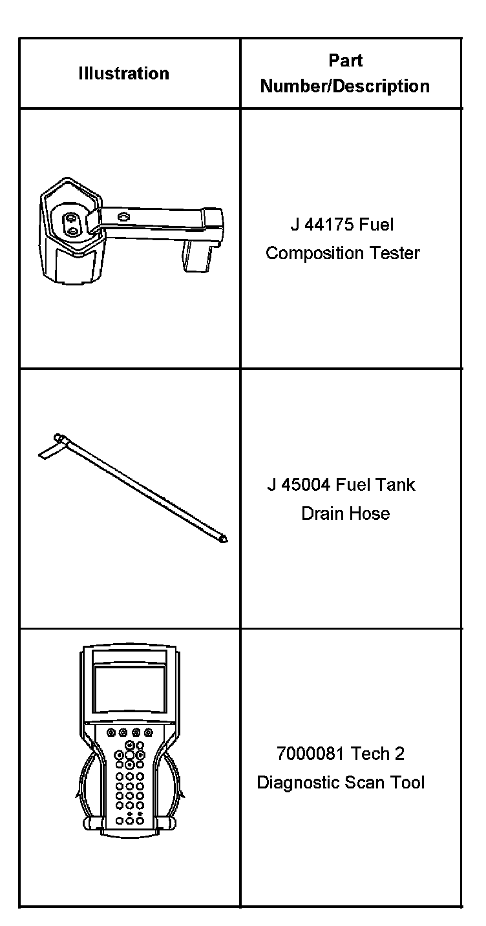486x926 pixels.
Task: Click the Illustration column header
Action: pyautogui.click(x=123, y=74)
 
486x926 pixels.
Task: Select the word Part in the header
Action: pyautogui.click(x=345, y=61)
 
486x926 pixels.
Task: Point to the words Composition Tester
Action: pyautogui.click(x=343, y=253)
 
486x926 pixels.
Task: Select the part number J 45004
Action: pyautogui.click(x=299, y=485)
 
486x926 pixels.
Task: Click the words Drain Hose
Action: pyautogui.click(x=345, y=514)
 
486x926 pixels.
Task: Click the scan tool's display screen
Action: pyautogui.click(x=129, y=687)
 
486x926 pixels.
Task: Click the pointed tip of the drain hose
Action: pyautogui.click(x=224, y=539)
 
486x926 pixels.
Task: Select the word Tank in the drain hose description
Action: pyautogui.click(x=397, y=485)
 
